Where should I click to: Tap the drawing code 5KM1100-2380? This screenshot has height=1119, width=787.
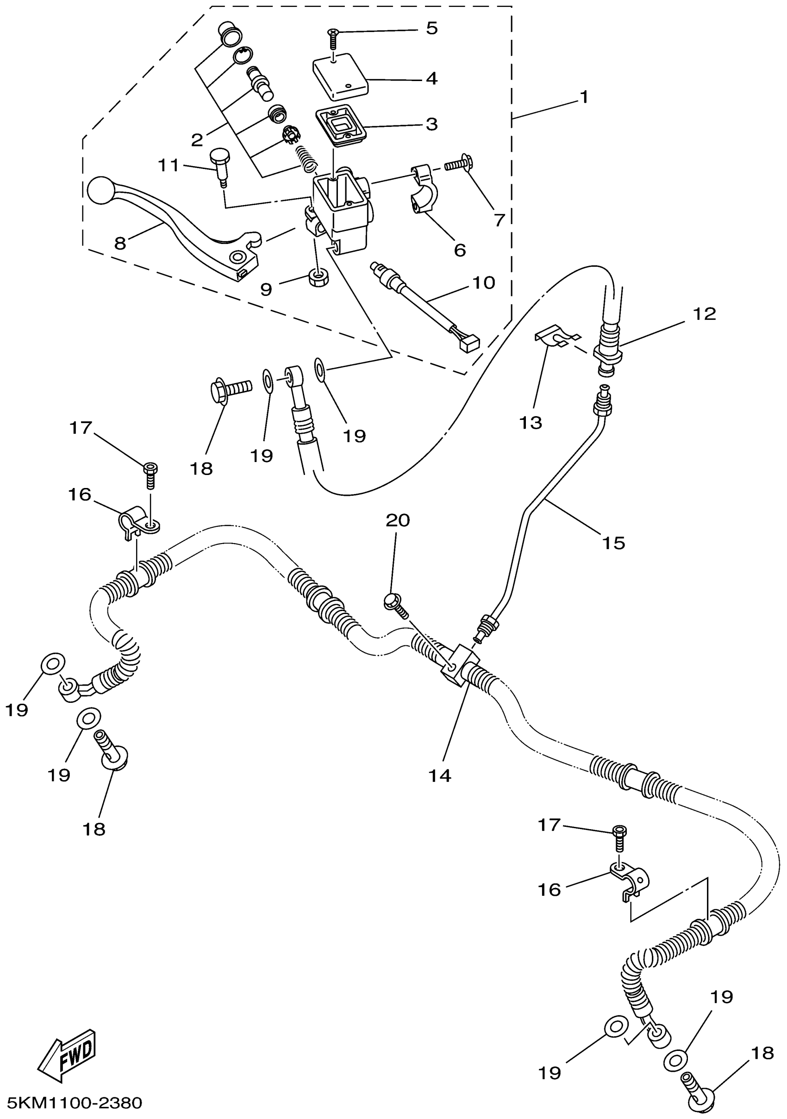click(72, 1103)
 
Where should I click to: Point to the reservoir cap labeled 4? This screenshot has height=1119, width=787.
click(340, 75)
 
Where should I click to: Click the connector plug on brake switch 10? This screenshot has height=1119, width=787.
click(469, 345)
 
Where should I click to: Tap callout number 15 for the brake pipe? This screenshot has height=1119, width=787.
click(613, 543)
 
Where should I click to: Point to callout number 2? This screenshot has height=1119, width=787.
click(197, 140)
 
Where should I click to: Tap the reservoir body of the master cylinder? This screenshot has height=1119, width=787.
click(341, 205)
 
